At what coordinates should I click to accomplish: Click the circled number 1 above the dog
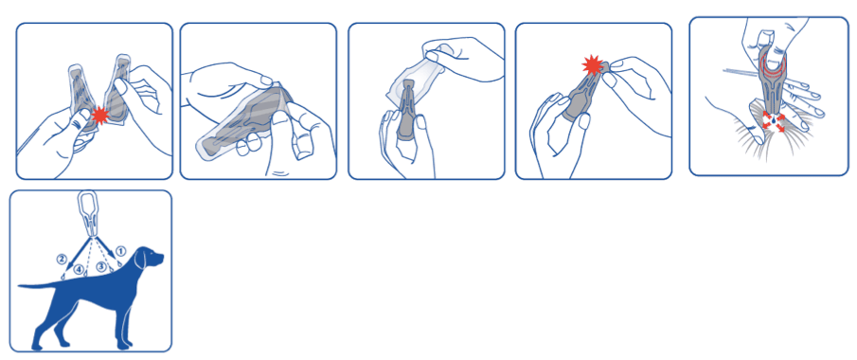click(x=121, y=250)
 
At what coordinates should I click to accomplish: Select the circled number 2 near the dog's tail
click(x=62, y=259)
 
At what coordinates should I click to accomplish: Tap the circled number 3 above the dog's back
click(x=101, y=266)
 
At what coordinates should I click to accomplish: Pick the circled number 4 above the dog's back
click(x=80, y=270)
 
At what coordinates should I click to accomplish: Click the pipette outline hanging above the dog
click(x=91, y=213)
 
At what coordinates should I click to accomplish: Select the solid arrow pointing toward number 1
click(x=105, y=244)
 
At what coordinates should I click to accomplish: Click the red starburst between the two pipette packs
click(x=100, y=116)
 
